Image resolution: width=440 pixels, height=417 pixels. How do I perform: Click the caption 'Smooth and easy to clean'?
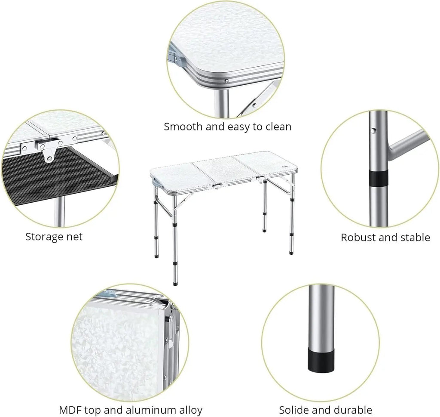(228, 127)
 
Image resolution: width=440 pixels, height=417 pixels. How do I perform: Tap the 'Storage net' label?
(54, 237)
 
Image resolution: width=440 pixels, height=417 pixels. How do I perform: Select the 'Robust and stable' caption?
(385, 238)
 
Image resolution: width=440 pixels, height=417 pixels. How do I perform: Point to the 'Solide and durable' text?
(326, 410)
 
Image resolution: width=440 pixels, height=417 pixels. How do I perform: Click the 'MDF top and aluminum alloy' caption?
(131, 410)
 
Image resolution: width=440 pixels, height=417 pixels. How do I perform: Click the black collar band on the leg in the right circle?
(379, 178)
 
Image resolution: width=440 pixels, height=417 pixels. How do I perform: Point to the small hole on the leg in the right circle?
(373, 130)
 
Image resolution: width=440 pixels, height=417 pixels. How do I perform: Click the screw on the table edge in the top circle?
(227, 81)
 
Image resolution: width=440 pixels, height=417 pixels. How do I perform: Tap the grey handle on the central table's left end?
(156, 182)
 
